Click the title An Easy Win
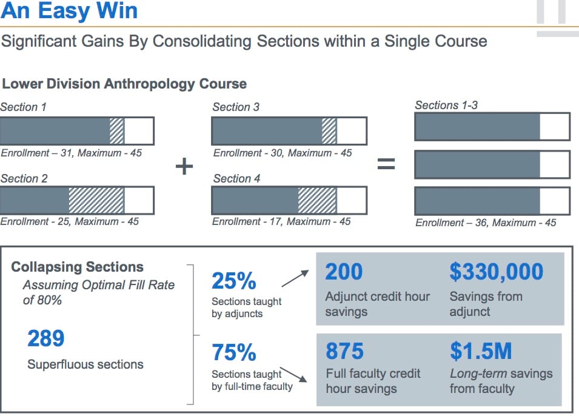pos(69,10)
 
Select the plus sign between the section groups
pos(184,166)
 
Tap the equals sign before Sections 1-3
pos(386,164)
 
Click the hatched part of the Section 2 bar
pos(96,200)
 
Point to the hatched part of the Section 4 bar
pos(317,200)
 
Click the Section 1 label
pos(23,107)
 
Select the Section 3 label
pos(236,107)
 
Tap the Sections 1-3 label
pos(446,106)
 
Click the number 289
pos(46,338)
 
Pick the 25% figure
pos(234,281)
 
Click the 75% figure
pos(234,352)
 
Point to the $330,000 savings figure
pos(497,272)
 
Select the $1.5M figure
pos(481,351)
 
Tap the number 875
pos(344,351)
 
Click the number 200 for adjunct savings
pos(344,272)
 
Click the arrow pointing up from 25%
pos(295,278)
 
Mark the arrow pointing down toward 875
pos(293,375)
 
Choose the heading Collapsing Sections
pos(77,267)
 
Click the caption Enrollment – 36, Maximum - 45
pos(486,223)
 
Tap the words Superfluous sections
pos(85,364)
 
